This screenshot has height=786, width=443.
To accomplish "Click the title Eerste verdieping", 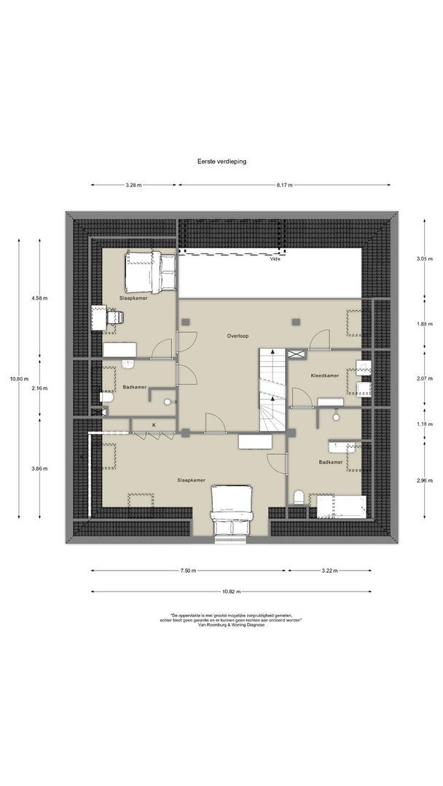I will pyautogui.click(x=221, y=162).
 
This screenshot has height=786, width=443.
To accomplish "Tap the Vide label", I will pyautogui.click(x=275, y=258).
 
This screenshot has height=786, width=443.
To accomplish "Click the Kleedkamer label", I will pyautogui.click(x=324, y=376).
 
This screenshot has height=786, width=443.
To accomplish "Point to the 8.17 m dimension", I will pyautogui.click(x=283, y=186).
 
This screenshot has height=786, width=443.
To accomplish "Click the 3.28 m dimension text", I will pyautogui.click(x=133, y=186).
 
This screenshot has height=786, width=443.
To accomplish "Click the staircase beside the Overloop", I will pyautogui.click(x=272, y=389).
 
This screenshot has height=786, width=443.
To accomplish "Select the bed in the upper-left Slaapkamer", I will pyautogui.click(x=150, y=271).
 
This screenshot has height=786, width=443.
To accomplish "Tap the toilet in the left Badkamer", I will pyautogui.click(x=106, y=397).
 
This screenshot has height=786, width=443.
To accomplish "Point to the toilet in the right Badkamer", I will pyautogui.click(x=299, y=497).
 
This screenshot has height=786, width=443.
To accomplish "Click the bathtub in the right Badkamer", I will pyautogui.click(x=339, y=505).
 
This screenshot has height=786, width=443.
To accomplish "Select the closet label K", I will pyautogui.click(x=154, y=424).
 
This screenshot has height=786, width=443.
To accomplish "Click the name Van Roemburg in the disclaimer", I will pyautogui.click(x=212, y=624).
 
